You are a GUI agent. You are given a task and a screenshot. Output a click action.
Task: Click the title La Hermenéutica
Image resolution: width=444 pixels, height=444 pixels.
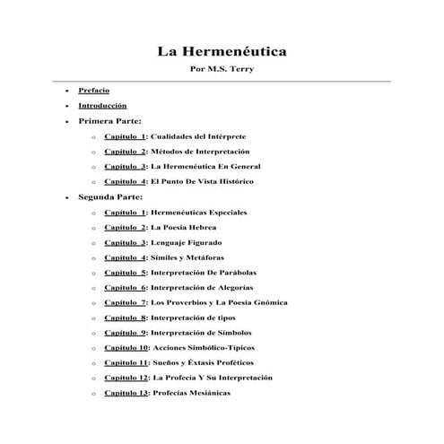point(222,52)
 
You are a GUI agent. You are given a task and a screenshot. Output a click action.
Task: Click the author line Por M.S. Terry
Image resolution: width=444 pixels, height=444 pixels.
point(222,70)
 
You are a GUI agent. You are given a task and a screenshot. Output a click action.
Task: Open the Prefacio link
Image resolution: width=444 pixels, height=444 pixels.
point(94,91)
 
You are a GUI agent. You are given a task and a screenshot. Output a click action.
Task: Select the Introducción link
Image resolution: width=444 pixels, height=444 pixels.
point(102,106)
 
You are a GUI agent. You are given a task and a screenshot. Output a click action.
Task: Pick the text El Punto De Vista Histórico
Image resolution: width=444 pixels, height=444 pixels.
point(203,181)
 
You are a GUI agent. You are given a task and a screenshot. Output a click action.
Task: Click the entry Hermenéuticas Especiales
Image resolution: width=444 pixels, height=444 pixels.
point(198,212)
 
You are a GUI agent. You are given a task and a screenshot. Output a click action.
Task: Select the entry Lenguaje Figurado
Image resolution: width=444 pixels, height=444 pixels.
point(187,242)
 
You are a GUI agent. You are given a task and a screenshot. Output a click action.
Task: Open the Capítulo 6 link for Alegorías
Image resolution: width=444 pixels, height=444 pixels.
point(126,287)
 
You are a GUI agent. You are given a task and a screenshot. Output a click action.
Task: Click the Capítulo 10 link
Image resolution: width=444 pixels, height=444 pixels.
point(127,347)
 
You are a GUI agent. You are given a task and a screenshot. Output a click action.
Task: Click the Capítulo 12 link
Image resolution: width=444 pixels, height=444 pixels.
point(127,378)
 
